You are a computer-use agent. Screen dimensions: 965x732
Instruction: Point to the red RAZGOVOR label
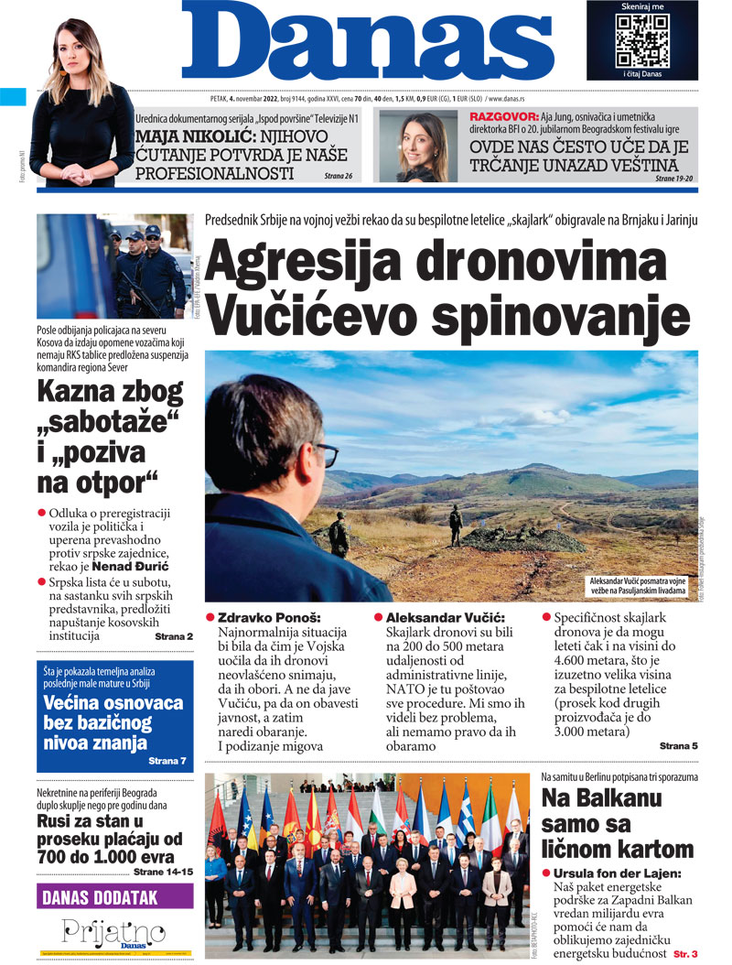click(501, 117)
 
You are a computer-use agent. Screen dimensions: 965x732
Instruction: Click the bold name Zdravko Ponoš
click(270, 618)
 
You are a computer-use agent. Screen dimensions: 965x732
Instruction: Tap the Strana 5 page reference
click(678, 746)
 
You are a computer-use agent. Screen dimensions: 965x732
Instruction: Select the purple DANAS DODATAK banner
click(115, 897)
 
